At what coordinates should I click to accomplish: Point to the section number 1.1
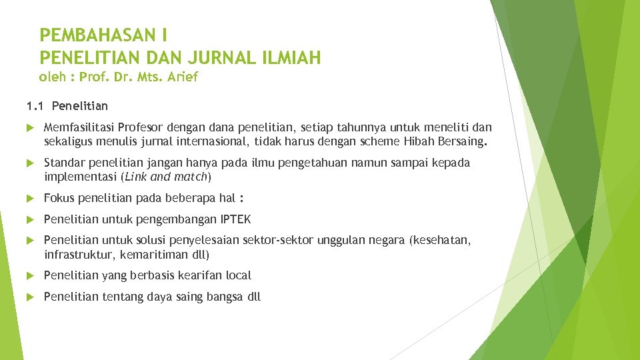tap(35, 106)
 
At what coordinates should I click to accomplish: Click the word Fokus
tap(59, 198)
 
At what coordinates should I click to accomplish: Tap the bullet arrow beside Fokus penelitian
tap(30, 199)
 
